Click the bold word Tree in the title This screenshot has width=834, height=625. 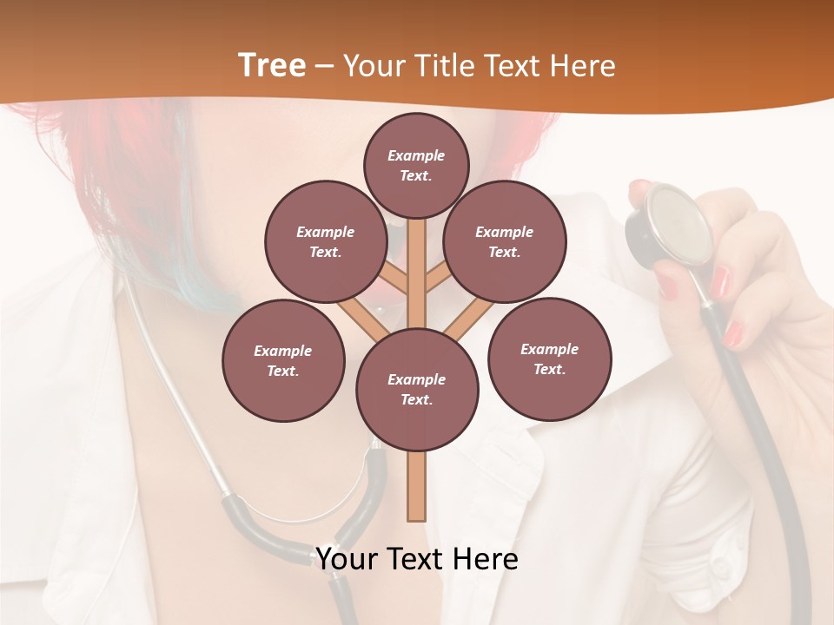click(x=272, y=65)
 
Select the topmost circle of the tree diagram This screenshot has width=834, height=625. click(x=416, y=165)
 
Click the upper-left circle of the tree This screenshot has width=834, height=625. click(x=326, y=241)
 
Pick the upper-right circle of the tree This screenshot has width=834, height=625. click(x=505, y=241)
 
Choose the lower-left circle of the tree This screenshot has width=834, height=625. click(x=283, y=360)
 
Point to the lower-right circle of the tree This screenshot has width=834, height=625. click(x=549, y=359)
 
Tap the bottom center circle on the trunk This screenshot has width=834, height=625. click(x=417, y=389)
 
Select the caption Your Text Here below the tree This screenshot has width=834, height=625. click(x=417, y=559)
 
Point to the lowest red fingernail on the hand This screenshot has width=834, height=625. click(x=734, y=332)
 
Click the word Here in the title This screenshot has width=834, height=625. click(x=584, y=66)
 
